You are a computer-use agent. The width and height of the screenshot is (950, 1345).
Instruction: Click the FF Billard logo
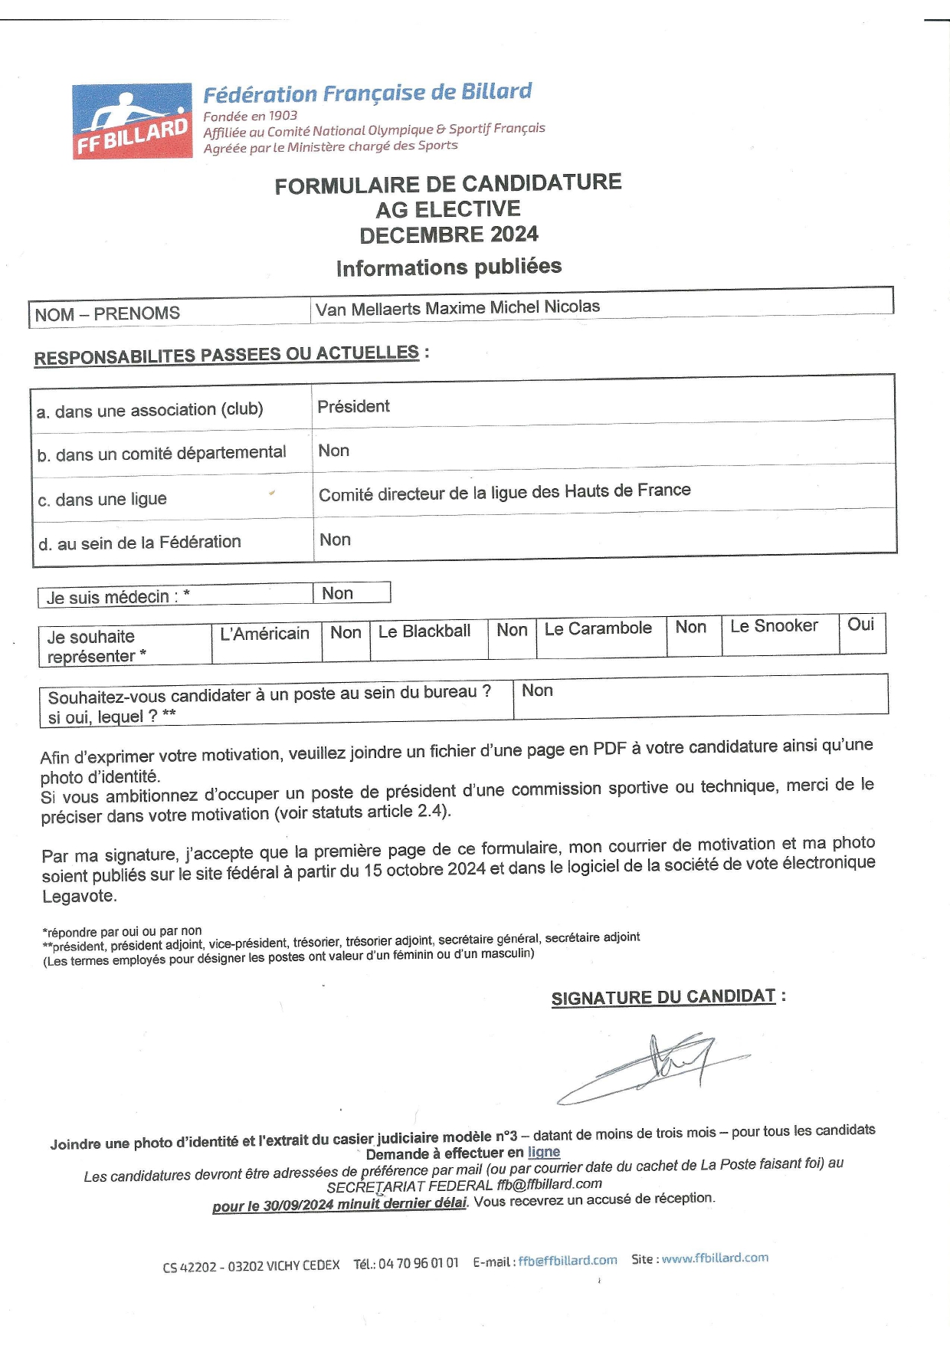pos(133,121)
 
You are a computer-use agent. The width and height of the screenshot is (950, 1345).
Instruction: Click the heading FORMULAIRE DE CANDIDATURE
pos(448,185)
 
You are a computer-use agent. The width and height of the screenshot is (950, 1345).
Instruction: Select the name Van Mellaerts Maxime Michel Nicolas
pos(457,307)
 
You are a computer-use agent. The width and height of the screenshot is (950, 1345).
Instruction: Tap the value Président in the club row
pos(353,406)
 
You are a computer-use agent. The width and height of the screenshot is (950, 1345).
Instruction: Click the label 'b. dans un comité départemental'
pos(162,454)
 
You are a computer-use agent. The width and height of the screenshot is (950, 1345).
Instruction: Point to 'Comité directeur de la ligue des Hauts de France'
pos(504,492)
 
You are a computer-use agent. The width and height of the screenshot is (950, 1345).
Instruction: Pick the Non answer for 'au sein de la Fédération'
pos(335,540)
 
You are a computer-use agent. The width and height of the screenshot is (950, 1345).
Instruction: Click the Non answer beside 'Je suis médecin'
pos(337,593)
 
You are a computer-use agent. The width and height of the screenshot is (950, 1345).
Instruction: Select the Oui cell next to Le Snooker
pos(860,625)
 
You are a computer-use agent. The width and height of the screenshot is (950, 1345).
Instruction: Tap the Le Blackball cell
pos(424,631)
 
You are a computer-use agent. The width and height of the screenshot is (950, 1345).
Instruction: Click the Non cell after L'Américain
pos(346,632)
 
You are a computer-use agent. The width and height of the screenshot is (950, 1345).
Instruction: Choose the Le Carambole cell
pos(598,628)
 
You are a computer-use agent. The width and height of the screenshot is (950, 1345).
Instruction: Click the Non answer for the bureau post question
pos(537,691)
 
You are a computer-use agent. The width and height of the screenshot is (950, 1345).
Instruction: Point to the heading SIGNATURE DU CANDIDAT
pos(663,997)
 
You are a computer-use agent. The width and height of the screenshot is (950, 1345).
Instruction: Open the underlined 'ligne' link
pos(544,1152)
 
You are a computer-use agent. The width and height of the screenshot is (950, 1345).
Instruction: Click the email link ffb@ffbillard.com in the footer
pos(568,1261)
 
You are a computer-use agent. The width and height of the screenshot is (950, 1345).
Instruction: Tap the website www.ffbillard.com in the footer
pos(715,1258)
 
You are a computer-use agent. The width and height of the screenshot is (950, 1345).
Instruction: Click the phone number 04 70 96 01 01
pos(418,1263)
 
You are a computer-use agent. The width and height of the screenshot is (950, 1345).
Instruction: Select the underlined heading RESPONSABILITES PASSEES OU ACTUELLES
pos(227,355)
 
